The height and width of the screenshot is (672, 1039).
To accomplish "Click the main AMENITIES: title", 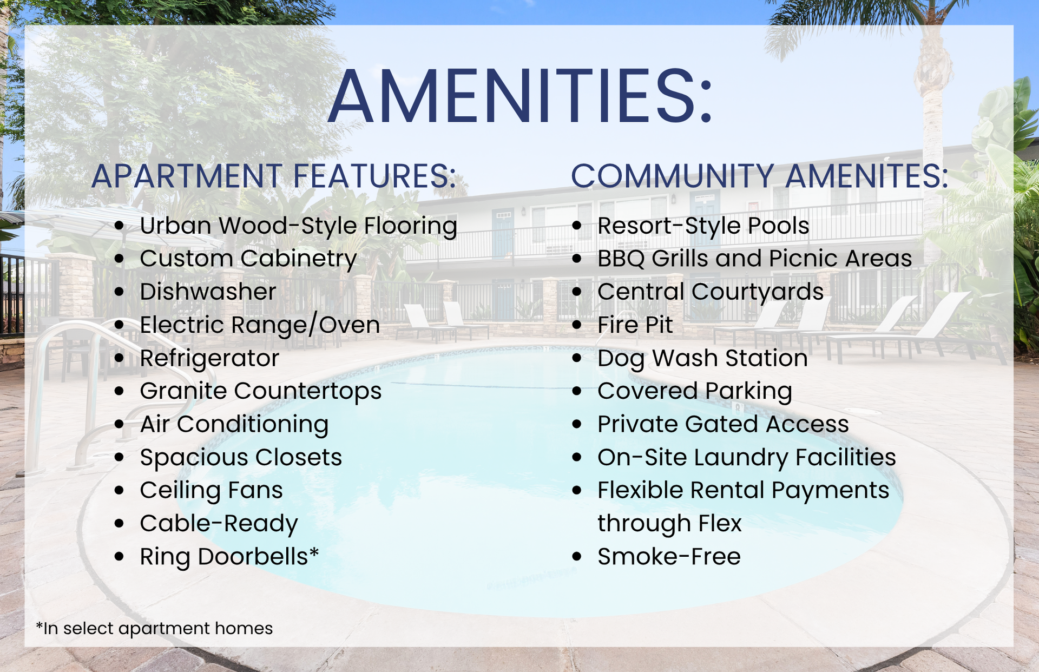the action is [521, 97].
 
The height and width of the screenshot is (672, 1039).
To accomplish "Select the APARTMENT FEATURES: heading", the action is [274, 176].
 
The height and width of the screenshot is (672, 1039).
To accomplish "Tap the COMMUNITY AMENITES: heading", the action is [760, 176].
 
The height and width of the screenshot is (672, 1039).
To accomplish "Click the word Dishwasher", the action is [208, 292].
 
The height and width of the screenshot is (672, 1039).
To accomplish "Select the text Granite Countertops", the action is [261, 391].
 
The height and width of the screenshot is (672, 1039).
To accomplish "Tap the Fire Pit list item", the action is [635, 325].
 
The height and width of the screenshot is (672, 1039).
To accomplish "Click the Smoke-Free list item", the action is [669, 557].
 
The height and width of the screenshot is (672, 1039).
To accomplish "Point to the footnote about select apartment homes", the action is [154, 628].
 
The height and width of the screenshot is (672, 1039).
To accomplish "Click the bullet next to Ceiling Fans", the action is [120, 490].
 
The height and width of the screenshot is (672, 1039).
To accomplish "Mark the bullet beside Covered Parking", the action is [577, 391].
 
